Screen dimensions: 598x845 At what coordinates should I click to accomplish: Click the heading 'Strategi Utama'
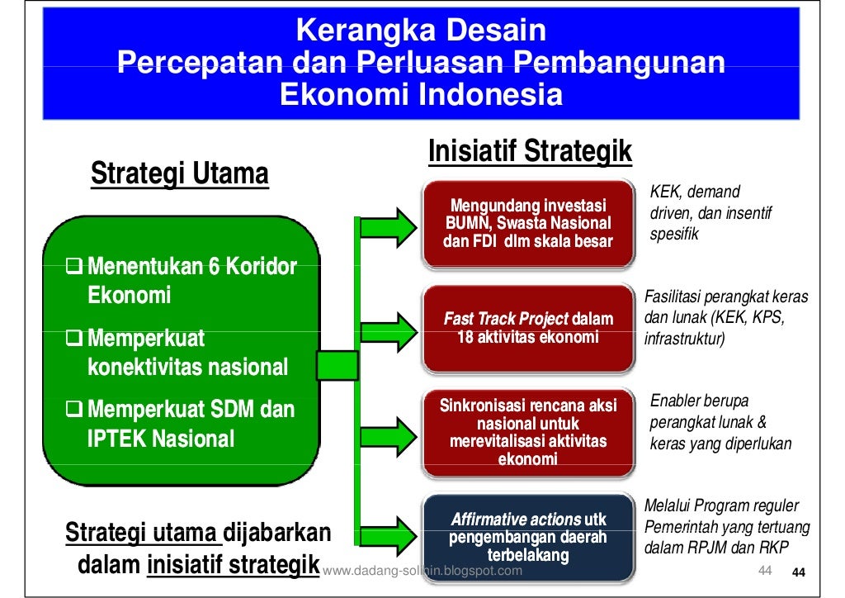pos(179,174)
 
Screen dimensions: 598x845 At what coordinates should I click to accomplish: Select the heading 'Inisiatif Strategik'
pos(530,151)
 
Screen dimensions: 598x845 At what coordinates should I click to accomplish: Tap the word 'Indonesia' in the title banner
pos(490,96)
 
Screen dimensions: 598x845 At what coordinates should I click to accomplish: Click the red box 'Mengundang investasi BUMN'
pos(528,223)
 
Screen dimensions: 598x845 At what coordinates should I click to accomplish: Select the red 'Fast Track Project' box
pos(528,328)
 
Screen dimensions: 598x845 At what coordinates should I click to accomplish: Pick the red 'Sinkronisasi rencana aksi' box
pos(528,433)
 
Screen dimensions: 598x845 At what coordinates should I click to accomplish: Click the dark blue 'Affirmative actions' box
pos(528,537)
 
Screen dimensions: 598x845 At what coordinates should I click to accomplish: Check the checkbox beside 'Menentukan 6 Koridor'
pos(75,267)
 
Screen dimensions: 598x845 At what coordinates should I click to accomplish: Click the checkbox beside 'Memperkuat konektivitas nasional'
pos(75,339)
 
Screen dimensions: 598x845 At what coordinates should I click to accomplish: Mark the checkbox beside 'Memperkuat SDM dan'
pos(75,410)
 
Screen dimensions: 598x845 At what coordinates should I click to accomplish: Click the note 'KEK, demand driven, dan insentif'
pos(710,213)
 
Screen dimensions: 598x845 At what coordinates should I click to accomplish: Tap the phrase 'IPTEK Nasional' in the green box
pos(161,439)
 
